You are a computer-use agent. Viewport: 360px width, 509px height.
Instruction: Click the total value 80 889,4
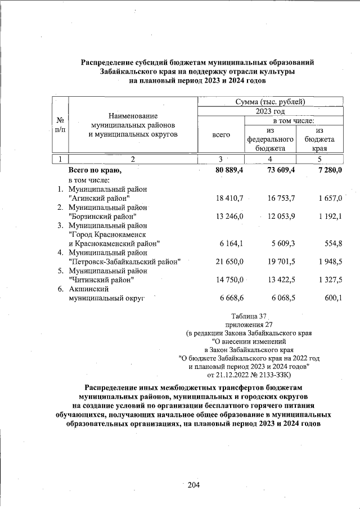pos(225,170)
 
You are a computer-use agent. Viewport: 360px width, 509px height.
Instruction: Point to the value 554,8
pos(331,243)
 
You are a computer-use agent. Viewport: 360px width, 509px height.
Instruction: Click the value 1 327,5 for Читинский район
pos(328,280)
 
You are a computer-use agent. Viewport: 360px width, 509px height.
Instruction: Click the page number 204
pos(194,485)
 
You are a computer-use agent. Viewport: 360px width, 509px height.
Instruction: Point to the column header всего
pos(220,135)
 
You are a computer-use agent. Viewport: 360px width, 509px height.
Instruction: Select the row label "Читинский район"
pos(101,280)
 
